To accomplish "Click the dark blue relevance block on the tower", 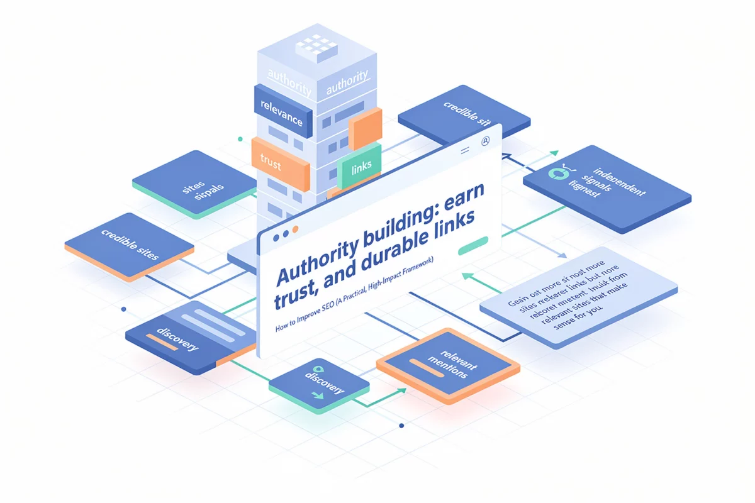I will tap(282, 111).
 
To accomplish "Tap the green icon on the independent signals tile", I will tap(557, 174).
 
